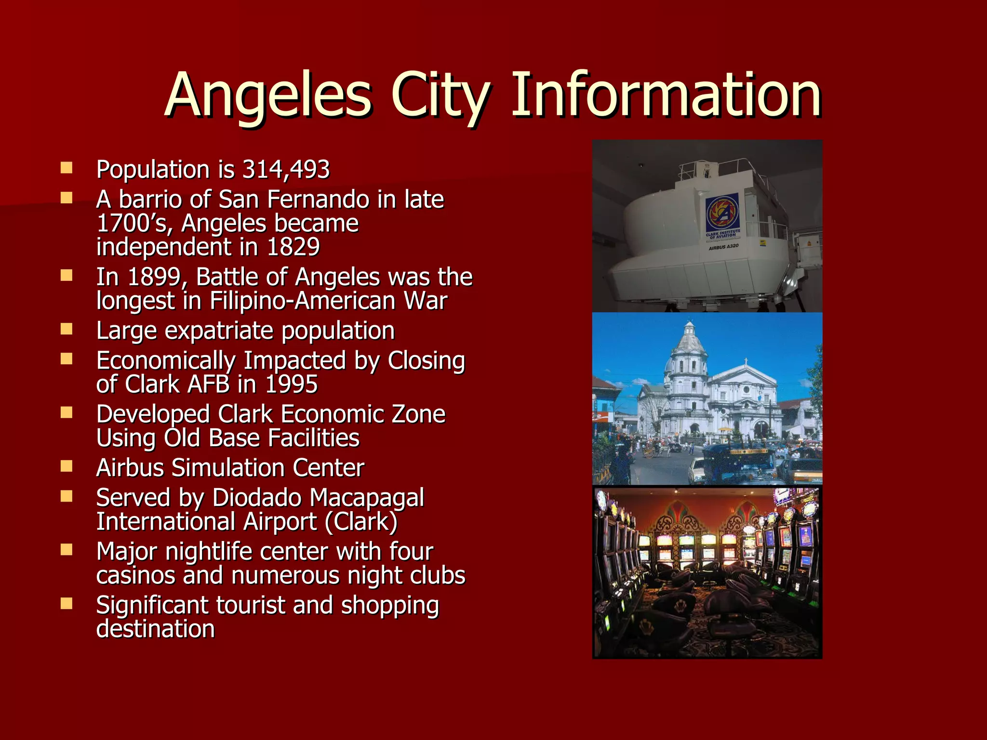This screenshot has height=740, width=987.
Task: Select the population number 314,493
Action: (286, 170)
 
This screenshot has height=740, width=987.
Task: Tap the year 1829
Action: (293, 247)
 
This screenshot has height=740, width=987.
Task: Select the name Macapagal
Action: (367, 498)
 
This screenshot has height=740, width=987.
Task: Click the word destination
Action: (155, 629)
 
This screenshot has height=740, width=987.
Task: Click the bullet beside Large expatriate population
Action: (67, 329)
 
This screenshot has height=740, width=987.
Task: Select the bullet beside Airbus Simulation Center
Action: (67, 466)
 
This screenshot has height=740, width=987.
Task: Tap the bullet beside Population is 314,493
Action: (67, 168)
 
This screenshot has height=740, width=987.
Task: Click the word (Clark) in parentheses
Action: (361, 522)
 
